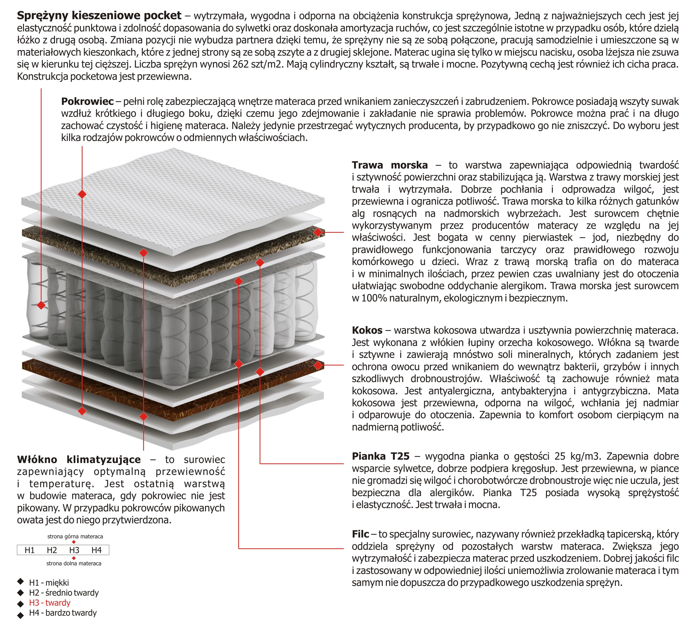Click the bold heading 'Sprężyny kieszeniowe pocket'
(x=99, y=15)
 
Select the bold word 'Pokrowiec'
(x=87, y=101)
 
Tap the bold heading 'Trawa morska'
(x=390, y=165)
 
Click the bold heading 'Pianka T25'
(x=381, y=456)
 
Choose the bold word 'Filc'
(x=360, y=534)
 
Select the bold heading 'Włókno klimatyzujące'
(x=79, y=459)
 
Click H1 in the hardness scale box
(x=29, y=550)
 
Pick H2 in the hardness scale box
(x=52, y=550)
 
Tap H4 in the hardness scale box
(x=96, y=550)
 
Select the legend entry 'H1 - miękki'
(x=49, y=583)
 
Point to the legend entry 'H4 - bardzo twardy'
(x=63, y=613)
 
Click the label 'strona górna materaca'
(x=75, y=536)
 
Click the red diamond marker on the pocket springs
(x=41, y=305)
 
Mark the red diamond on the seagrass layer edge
(x=317, y=232)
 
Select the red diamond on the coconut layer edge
(x=317, y=365)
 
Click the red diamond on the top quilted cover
(x=82, y=194)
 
